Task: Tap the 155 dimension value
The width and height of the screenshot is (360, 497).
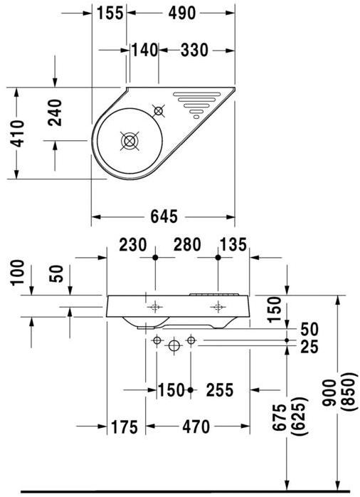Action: tap(110, 11)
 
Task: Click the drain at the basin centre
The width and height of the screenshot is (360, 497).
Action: tap(129, 141)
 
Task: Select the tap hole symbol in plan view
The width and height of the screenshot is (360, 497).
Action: tap(159, 110)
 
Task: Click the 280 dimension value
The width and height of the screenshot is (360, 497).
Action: tap(186, 245)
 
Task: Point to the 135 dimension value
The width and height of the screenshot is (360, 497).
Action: tap(233, 245)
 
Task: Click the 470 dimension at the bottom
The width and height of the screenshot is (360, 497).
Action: tap(196, 427)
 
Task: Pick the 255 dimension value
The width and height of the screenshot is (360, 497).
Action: tap(221, 390)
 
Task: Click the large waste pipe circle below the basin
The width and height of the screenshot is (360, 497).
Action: tap(174, 345)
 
